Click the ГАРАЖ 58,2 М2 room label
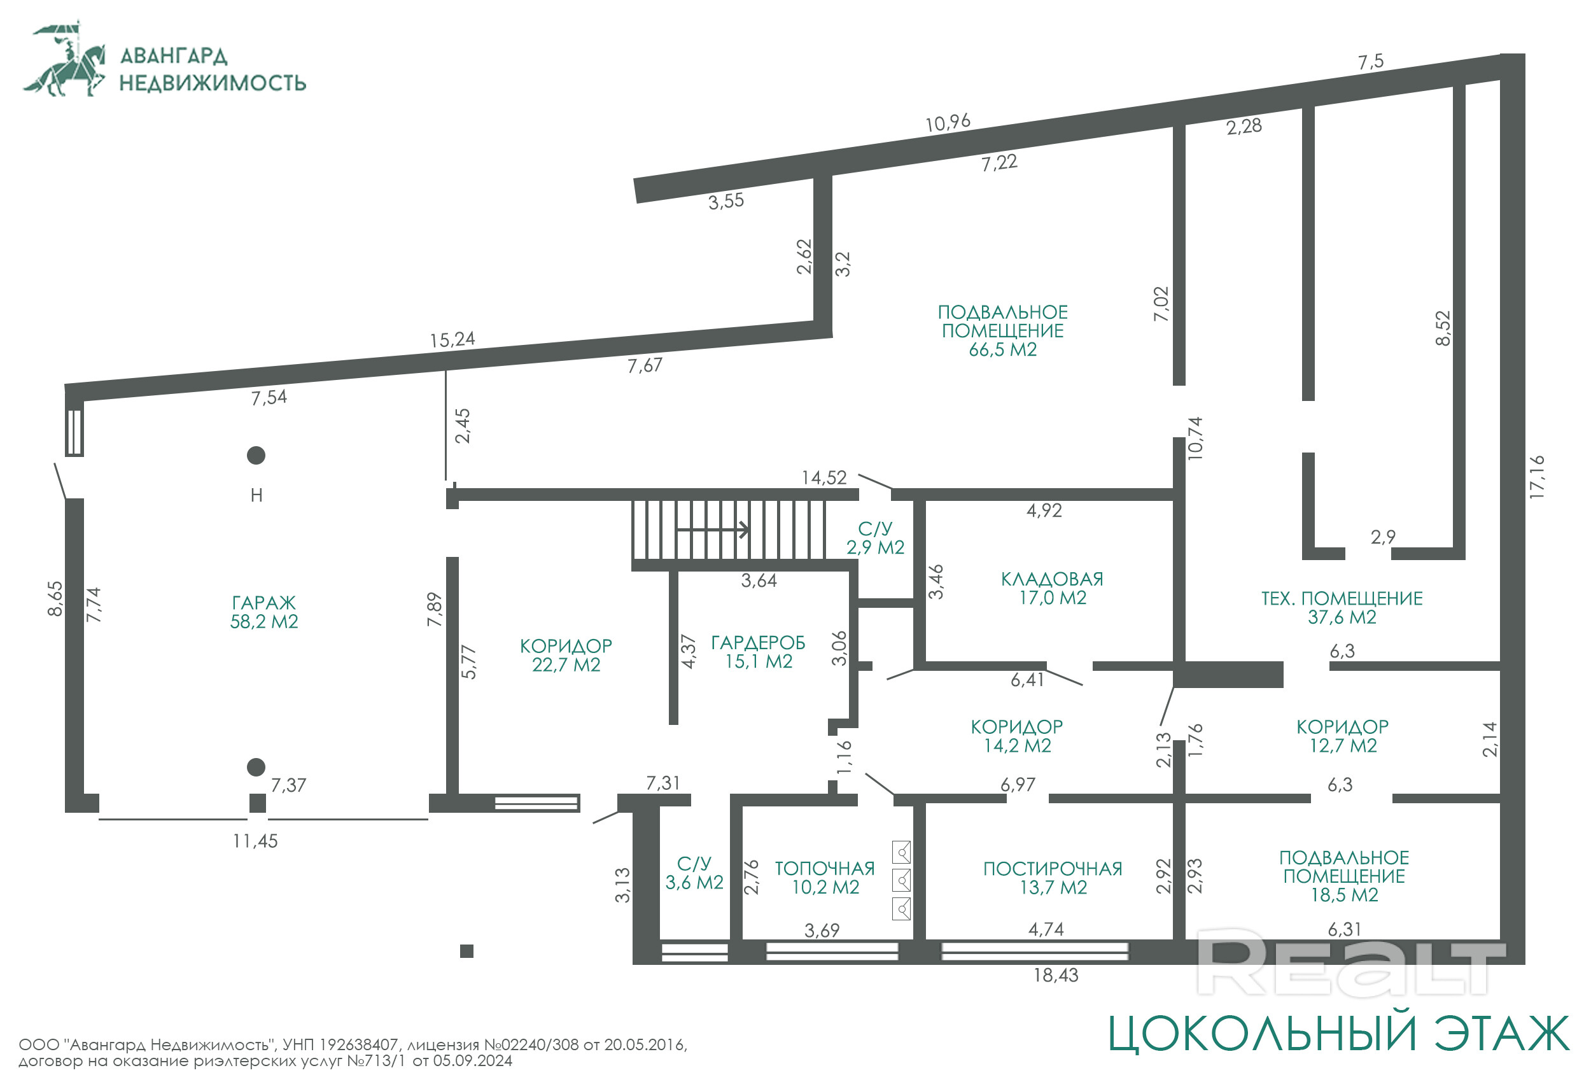(x=264, y=612)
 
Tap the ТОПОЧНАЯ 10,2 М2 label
(x=825, y=878)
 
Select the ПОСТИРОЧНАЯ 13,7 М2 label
(x=1053, y=878)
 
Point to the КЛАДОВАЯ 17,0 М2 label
(x=1052, y=588)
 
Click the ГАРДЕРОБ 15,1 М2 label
(x=759, y=652)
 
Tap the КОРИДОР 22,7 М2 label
(x=566, y=656)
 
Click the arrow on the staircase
(x=712, y=530)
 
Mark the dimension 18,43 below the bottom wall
(x=1056, y=975)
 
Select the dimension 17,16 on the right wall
(x=1537, y=477)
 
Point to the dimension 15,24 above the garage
(x=452, y=340)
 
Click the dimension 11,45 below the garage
(x=255, y=841)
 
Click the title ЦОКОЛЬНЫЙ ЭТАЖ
(x=1338, y=1034)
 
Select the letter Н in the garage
(x=256, y=495)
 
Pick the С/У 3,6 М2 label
(x=694, y=873)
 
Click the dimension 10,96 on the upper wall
(x=948, y=123)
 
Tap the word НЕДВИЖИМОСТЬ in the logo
(x=213, y=83)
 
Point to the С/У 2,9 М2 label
(x=875, y=538)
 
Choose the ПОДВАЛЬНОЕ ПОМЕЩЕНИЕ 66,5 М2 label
(x=1002, y=331)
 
